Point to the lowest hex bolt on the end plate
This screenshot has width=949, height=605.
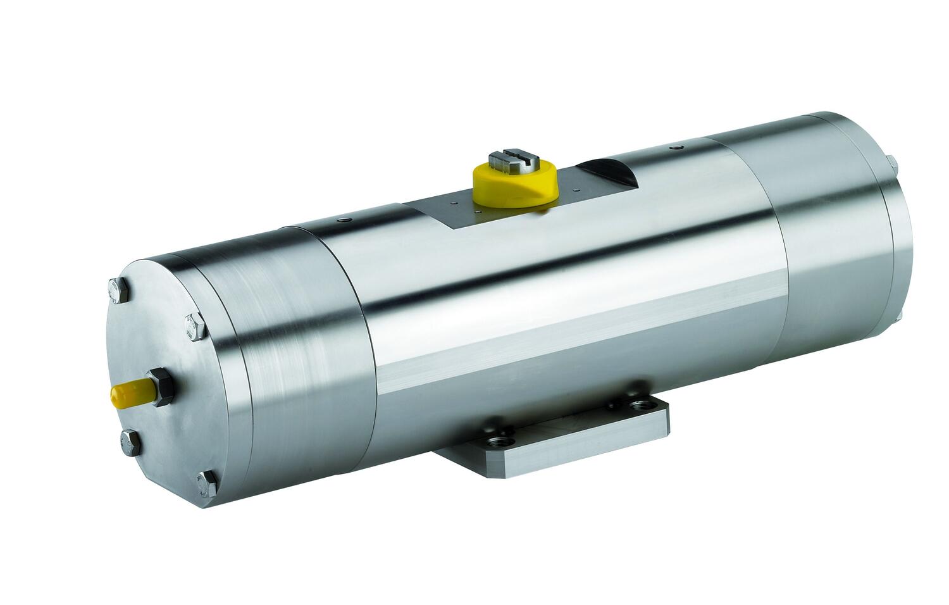[x=208, y=484]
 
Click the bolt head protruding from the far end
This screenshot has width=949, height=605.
[x=893, y=165]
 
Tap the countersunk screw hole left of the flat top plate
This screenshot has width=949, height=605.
[x=343, y=220]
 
